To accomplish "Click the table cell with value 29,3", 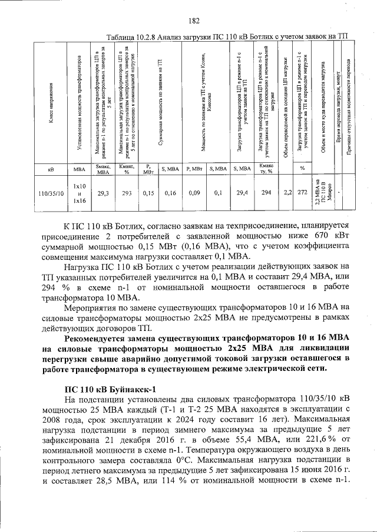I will (102, 192).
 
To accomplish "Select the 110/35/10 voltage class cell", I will (51, 192).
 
